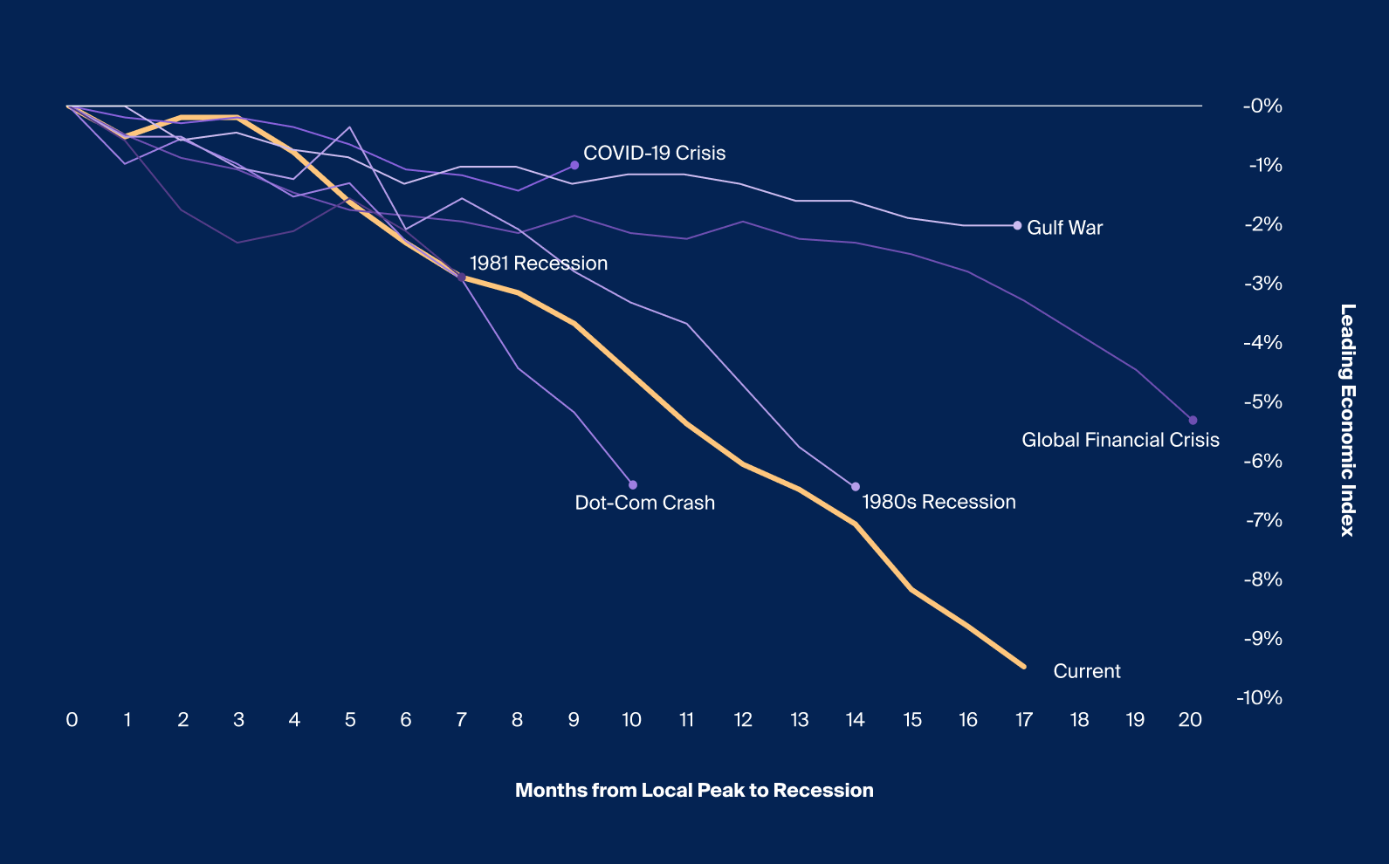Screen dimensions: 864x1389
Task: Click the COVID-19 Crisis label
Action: click(x=654, y=154)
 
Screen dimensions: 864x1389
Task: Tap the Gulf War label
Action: click(x=1064, y=228)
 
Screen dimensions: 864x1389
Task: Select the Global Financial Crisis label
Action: click(x=1120, y=440)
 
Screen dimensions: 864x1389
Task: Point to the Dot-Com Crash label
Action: click(x=644, y=503)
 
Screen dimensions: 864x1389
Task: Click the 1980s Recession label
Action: click(x=939, y=502)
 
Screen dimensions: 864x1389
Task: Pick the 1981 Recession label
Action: click(x=538, y=264)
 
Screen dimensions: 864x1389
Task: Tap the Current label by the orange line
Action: click(x=1086, y=671)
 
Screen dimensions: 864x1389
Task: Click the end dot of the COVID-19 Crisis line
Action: click(x=574, y=165)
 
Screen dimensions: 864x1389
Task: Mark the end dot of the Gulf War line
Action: click(x=1017, y=225)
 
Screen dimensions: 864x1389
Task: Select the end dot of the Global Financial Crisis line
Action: click(x=1193, y=421)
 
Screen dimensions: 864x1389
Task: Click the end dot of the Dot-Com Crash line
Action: click(x=633, y=485)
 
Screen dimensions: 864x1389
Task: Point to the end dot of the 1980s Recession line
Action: click(x=856, y=487)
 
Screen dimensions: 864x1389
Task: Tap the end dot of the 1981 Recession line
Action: click(x=462, y=278)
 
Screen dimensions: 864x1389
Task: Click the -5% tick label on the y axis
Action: click(x=1262, y=402)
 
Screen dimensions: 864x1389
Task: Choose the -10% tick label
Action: click(x=1259, y=697)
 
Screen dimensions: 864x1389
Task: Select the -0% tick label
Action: click(x=1262, y=106)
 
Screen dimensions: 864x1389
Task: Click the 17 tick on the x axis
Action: click(x=1024, y=720)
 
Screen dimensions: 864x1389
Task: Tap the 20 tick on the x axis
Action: click(x=1190, y=720)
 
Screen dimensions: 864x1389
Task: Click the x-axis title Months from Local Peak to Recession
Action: click(x=694, y=791)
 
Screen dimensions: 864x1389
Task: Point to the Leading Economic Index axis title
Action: click(x=1348, y=420)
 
